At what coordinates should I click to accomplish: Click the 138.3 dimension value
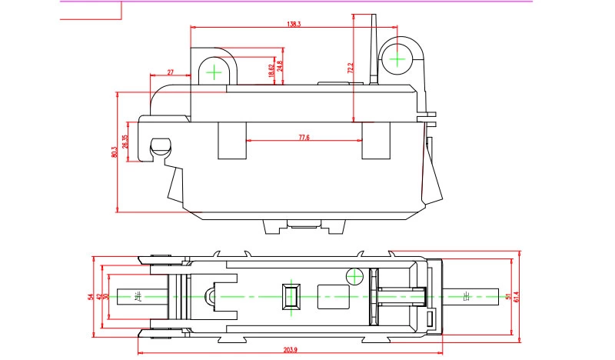tap(294, 25)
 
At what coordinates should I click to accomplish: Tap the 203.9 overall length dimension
tap(290, 350)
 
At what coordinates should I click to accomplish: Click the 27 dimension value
tap(170, 72)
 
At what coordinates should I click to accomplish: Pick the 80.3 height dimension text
tap(114, 152)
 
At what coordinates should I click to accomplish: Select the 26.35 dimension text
tap(125, 142)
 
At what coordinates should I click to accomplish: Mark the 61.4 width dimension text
tap(517, 295)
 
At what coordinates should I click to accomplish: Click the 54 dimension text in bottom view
tap(91, 296)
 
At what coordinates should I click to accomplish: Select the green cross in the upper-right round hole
tap(397, 57)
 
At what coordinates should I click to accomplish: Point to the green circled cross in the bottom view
tap(354, 275)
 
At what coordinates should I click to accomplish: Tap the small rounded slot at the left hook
tap(159, 145)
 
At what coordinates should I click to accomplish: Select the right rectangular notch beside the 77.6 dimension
tap(375, 140)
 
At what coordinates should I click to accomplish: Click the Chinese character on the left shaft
tap(138, 296)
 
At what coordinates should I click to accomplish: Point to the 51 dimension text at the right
tap(507, 296)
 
